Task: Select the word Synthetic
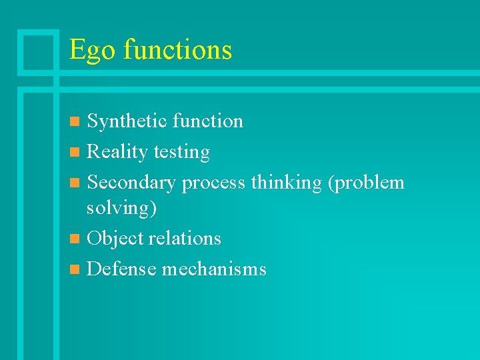pyautogui.click(x=127, y=121)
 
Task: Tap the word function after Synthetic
pyautogui.click(x=207, y=121)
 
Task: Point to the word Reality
pyautogui.click(x=117, y=153)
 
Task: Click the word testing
pyautogui.click(x=181, y=153)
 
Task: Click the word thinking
pyautogui.click(x=286, y=182)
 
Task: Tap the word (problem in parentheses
pyautogui.click(x=366, y=183)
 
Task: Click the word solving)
pyautogui.click(x=122, y=208)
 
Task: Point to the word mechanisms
pyautogui.click(x=214, y=269)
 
